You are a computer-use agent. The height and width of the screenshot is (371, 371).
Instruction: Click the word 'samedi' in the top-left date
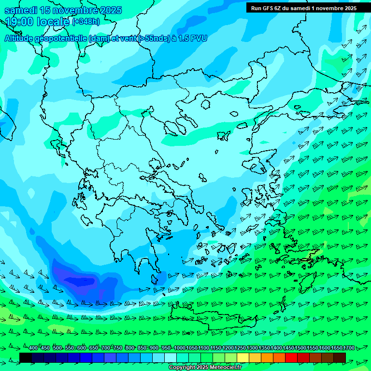[x=19, y=11]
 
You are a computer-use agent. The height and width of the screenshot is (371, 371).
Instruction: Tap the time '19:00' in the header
[x=21, y=22]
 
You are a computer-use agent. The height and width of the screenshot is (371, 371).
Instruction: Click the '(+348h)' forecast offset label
[x=86, y=22]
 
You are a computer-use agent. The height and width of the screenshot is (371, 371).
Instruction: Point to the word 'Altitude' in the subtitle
[x=20, y=39]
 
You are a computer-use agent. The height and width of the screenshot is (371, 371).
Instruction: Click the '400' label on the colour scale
[x=33, y=348]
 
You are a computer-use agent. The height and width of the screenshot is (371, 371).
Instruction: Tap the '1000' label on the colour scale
[x=180, y=348]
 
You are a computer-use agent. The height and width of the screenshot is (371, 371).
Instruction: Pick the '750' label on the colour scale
[x=117, y=348]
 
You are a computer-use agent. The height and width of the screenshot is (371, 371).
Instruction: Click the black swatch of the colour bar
[x=26, y=357]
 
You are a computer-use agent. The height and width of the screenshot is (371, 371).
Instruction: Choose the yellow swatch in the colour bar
[x=243, y=357]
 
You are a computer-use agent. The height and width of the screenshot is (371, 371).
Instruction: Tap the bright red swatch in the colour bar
[x=291, y=357]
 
